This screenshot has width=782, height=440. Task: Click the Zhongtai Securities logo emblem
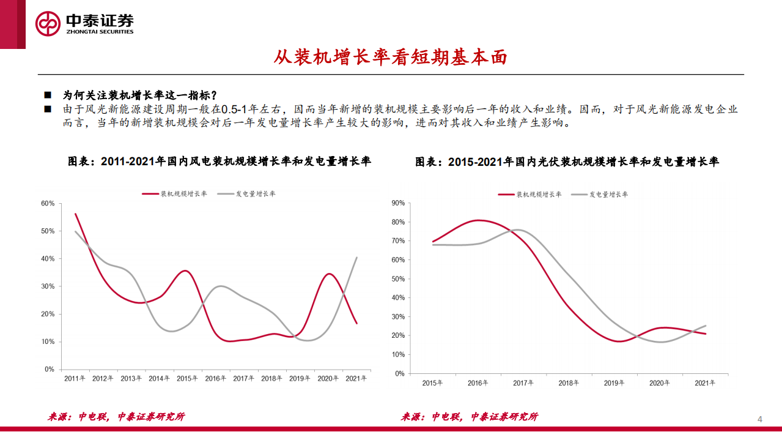point(48,24)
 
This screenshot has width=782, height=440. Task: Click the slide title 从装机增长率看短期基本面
point(391,58)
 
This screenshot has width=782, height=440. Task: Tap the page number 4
point(760,419)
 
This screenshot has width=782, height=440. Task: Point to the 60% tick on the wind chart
point(48,203)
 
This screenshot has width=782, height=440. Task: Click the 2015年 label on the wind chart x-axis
point(188,379)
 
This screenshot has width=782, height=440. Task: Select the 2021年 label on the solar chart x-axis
point(705,383)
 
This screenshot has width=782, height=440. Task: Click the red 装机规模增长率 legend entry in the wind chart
point(175,194)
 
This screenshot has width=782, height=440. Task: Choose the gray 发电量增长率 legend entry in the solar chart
point(600,195)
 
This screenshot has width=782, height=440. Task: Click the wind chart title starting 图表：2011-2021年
point(219,162)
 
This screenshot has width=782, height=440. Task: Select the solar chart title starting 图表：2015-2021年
point(567,162)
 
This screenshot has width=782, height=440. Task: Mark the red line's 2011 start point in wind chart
point(75,214)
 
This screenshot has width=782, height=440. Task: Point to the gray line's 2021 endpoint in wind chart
point(357,258)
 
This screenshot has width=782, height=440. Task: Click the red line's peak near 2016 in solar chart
point(479,220)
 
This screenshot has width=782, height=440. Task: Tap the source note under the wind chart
point(116,417)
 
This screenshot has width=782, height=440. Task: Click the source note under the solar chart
point(469,417)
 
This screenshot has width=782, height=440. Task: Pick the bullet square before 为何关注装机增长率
point(48,96)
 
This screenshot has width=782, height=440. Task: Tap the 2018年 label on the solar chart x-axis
point(569,383)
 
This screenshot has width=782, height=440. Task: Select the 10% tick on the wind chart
point(48,341)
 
